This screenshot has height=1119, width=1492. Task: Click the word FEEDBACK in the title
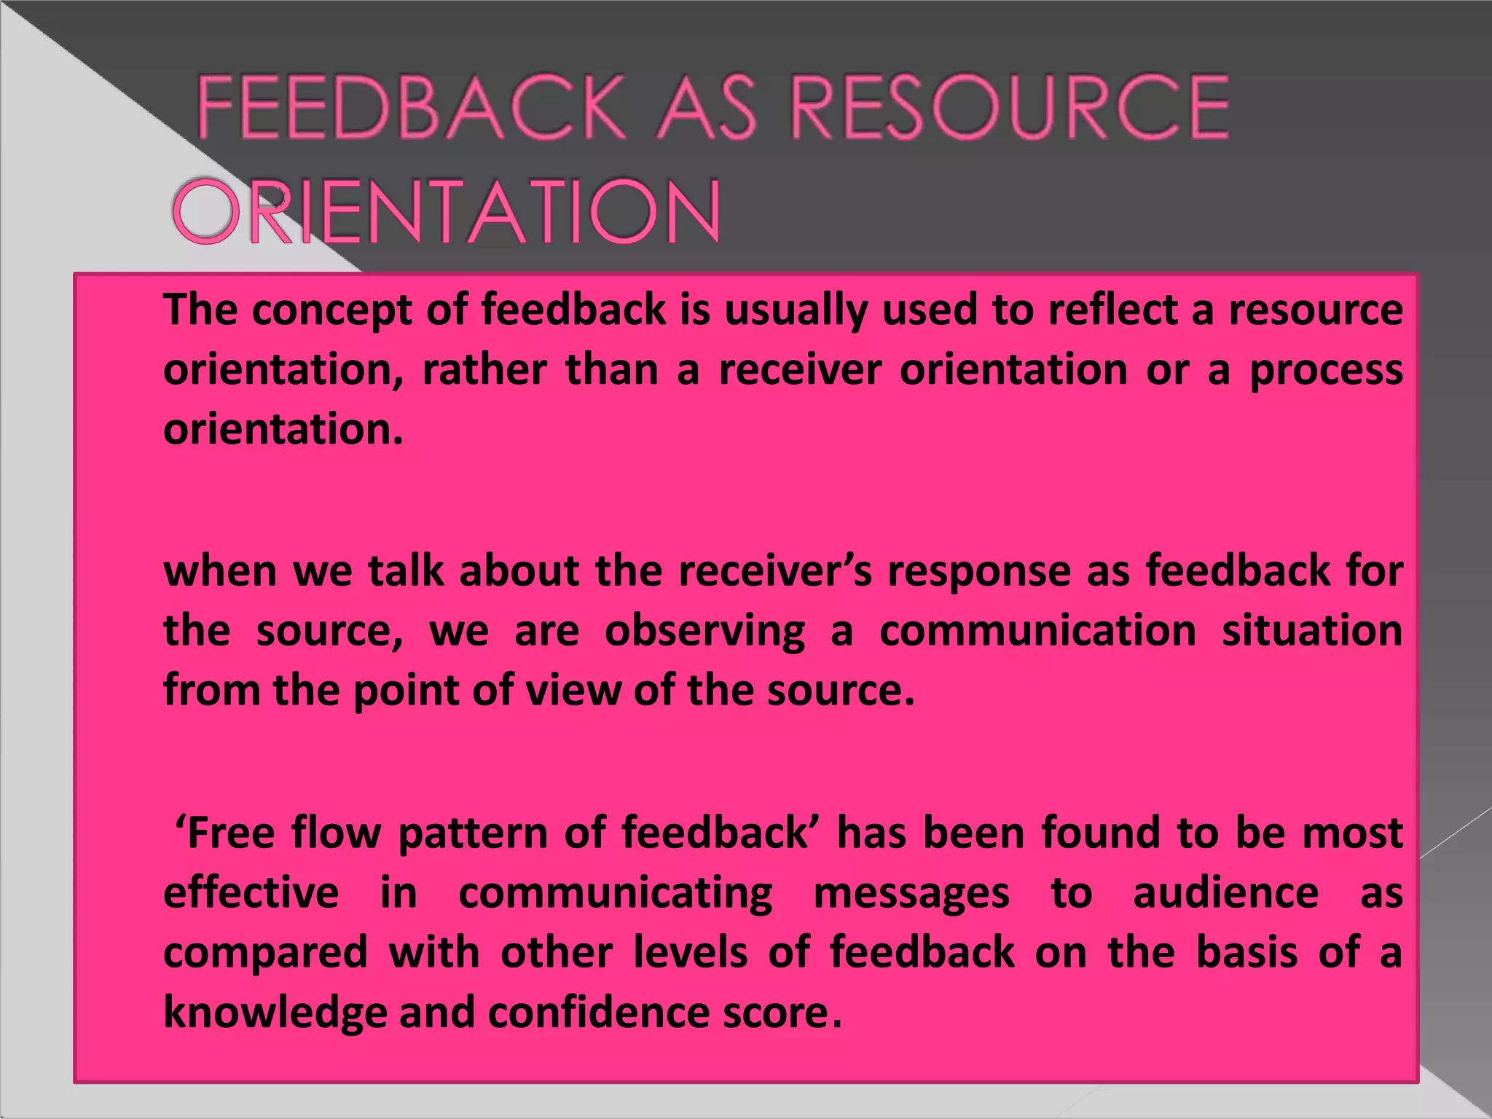point(411,108)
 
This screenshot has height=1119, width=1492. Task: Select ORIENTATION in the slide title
point(447,212)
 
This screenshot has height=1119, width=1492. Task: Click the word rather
point(484,370)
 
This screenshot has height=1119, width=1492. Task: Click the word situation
point(1311,630)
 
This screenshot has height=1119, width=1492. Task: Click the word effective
point(251,893)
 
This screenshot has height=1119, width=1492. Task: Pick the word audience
point(1225,893)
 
